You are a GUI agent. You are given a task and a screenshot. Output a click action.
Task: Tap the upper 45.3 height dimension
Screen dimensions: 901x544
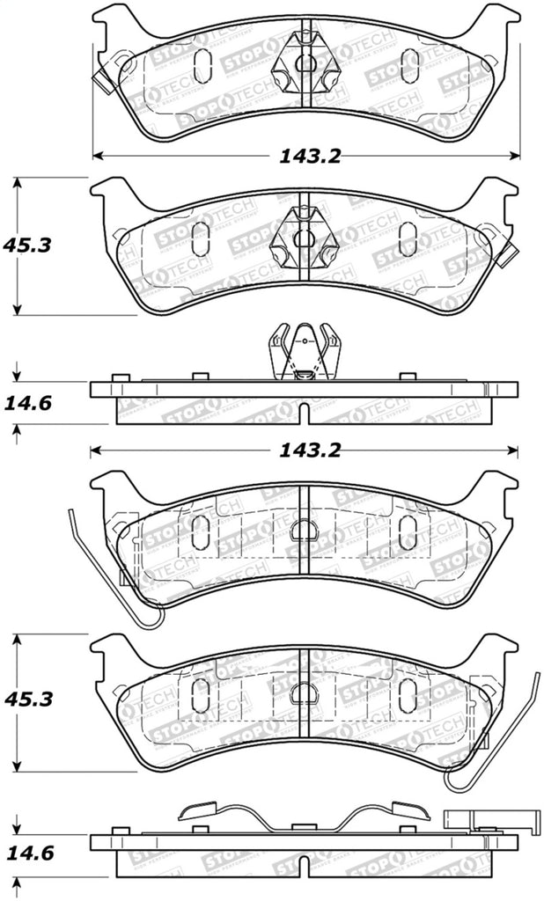point(27,245)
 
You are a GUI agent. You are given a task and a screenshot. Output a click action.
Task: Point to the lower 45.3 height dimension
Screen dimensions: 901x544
point(27,700)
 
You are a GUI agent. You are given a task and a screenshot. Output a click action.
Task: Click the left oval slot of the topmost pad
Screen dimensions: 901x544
point(201,63)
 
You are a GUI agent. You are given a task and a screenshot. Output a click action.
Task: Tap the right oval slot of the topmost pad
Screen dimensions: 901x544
point(409,63)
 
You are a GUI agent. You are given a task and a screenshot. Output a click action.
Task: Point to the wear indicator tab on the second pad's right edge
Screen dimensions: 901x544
point(508,255)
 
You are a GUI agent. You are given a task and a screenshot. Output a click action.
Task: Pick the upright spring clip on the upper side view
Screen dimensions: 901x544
point(304,352)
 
